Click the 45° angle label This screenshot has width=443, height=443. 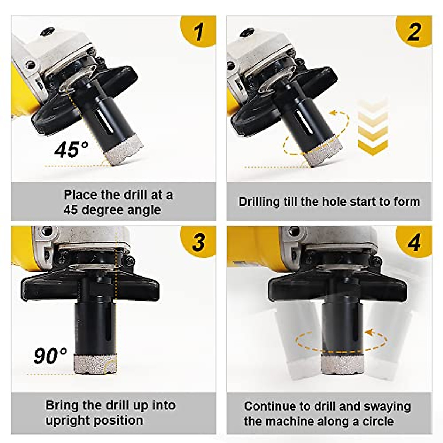click(x=71, y=149)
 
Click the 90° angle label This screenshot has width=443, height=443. click(x=50, y=356)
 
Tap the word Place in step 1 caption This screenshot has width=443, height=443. click(x=80, y=195)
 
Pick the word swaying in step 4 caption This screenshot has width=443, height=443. click(x=387, y=406)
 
